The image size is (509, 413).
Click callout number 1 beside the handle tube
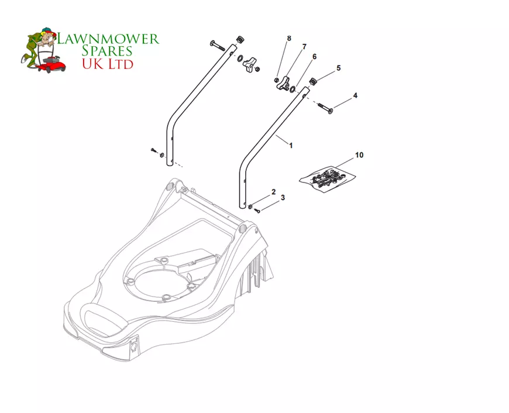(291, 146)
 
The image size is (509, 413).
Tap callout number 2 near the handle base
(274, 192)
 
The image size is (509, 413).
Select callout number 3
(283, 197)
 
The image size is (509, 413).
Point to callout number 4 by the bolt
(355, 95)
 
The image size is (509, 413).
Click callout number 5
(339, 68)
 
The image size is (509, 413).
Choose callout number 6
(314, 57)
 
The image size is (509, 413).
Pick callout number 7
(304, 47)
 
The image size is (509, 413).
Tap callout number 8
(289, 38)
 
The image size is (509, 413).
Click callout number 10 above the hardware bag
(359, 155)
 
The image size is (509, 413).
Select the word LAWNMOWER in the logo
(108, 39)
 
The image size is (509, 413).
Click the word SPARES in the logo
(107, 51)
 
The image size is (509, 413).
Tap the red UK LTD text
(108, 64)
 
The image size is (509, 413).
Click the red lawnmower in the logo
(52, 64)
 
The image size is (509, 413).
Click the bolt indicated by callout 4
(325, 108)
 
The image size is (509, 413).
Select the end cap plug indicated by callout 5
(313, 81)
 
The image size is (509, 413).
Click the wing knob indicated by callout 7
(283, 83)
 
